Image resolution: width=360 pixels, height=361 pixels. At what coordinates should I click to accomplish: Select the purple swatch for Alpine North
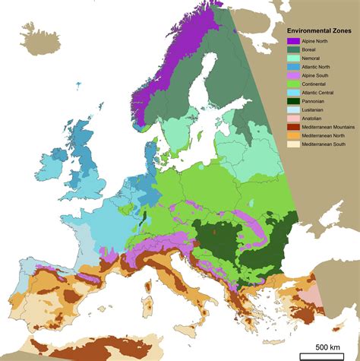(292, 41)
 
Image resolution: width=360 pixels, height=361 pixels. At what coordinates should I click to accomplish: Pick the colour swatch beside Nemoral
(292, 59)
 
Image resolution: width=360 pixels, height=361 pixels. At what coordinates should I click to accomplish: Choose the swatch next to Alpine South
(292, 78)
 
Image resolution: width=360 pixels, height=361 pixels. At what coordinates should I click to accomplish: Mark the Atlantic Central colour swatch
(292, 97)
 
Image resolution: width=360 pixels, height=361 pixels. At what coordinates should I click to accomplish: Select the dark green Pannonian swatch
(292, 106)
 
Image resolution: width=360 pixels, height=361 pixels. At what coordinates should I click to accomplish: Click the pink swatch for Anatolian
(292, 124)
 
